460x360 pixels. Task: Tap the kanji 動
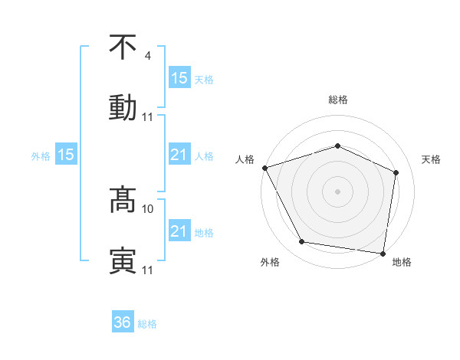pos(123,107)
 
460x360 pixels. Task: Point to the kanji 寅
pos(123,260)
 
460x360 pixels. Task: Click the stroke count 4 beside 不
pos(148,56)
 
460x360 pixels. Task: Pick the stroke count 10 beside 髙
pos(148,208)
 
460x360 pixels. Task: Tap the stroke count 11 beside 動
pos(148,117)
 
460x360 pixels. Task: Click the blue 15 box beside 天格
pos(179,77)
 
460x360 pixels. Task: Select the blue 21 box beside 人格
pos(179,155)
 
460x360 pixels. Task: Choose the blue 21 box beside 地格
pos(179,231)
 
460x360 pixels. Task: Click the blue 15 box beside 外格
pos(66,155)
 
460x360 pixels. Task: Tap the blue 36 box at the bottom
pos(123,322)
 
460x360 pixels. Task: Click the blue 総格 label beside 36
pos(147,324)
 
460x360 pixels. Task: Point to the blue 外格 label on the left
pos(41,156)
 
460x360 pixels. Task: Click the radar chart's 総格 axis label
pos(338,100)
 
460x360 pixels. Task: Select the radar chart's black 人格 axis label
pos(245,159)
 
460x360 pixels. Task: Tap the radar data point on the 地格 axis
pos(383,253)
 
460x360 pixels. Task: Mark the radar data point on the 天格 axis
pos(396,172)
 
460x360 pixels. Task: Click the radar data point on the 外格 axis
pos(302,242)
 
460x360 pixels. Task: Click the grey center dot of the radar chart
pos(338,191)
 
